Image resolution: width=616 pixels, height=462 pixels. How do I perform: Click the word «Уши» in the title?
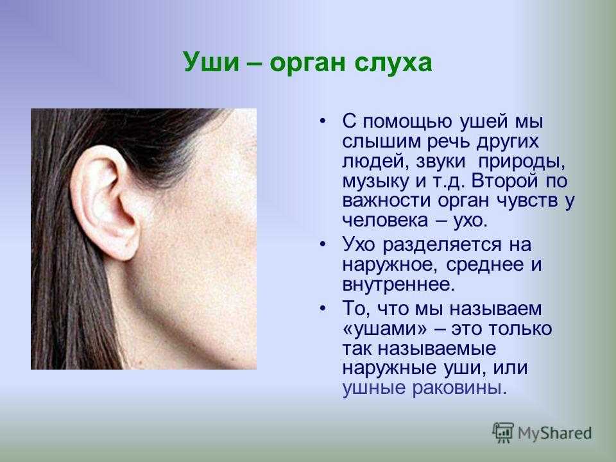click(211, 62)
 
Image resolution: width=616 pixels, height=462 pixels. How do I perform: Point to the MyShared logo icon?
click(503, 432)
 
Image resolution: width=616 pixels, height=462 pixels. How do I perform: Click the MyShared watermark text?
click(554, 433)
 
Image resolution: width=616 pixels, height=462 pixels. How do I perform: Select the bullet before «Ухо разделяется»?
click(323, 244)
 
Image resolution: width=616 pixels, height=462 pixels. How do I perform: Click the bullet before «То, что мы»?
click(323, 308)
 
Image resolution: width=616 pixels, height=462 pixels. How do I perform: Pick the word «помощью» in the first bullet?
click(407, 122)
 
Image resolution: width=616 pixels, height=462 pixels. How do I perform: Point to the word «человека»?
click(384, 219)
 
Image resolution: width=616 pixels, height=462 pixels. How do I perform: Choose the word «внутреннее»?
click(398, 284)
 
